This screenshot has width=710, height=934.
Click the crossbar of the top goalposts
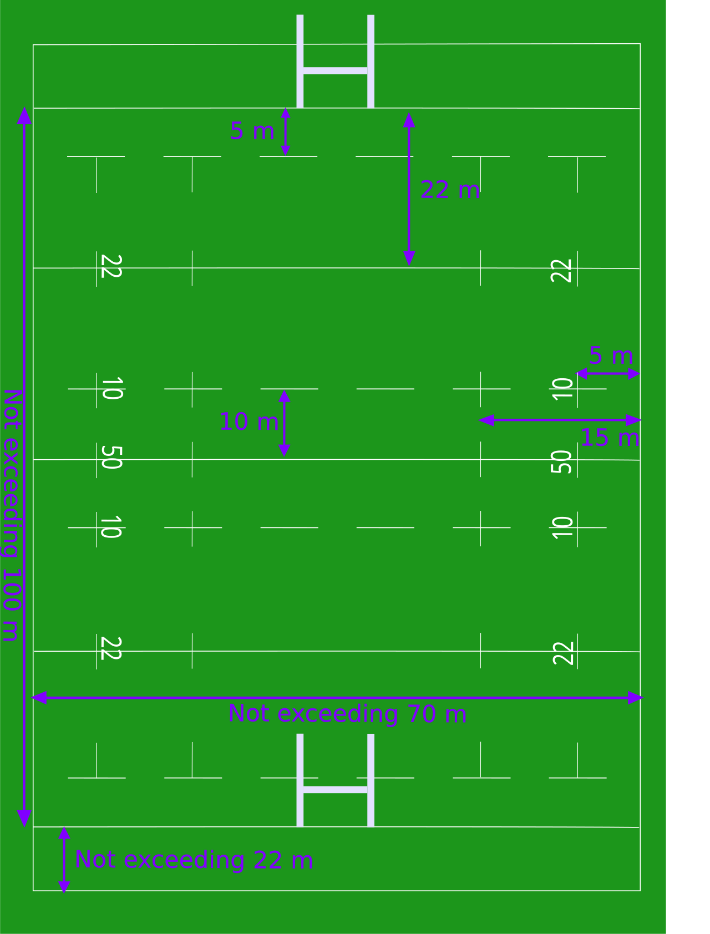click(x=335, y=70)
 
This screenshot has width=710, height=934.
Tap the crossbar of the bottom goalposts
click(x=335, y=790)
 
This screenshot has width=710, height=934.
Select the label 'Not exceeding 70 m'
click(x=347, y=714)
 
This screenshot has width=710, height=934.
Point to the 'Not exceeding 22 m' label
click(x=194, y=860)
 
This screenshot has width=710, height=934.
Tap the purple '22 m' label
click(x=450, y=190)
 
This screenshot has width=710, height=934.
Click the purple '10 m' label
click(x=249, y=422)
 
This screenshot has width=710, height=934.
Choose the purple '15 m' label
click(x=610, y=438)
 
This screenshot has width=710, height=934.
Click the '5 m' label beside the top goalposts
click(x=252, y=131)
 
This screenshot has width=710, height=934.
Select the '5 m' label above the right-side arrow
click(x=611, y=356)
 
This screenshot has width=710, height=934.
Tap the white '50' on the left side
click(x=111, y=458)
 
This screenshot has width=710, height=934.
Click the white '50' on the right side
click(x=561, y=462)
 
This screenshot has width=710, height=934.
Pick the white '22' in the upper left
click(x=111, y=266)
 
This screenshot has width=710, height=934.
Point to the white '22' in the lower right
click(x=564, y=653)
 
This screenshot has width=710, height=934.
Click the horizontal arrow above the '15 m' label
click(x=560, y=420)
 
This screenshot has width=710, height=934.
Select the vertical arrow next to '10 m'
click(x=284, y=423)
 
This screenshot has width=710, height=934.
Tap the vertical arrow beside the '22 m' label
click(x=409, y=189)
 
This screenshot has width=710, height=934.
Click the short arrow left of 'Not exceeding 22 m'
click(x=64, y=860)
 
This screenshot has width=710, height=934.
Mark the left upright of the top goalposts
click(x=300, y=61)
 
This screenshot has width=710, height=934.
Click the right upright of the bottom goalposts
click(x=371, y=780)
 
